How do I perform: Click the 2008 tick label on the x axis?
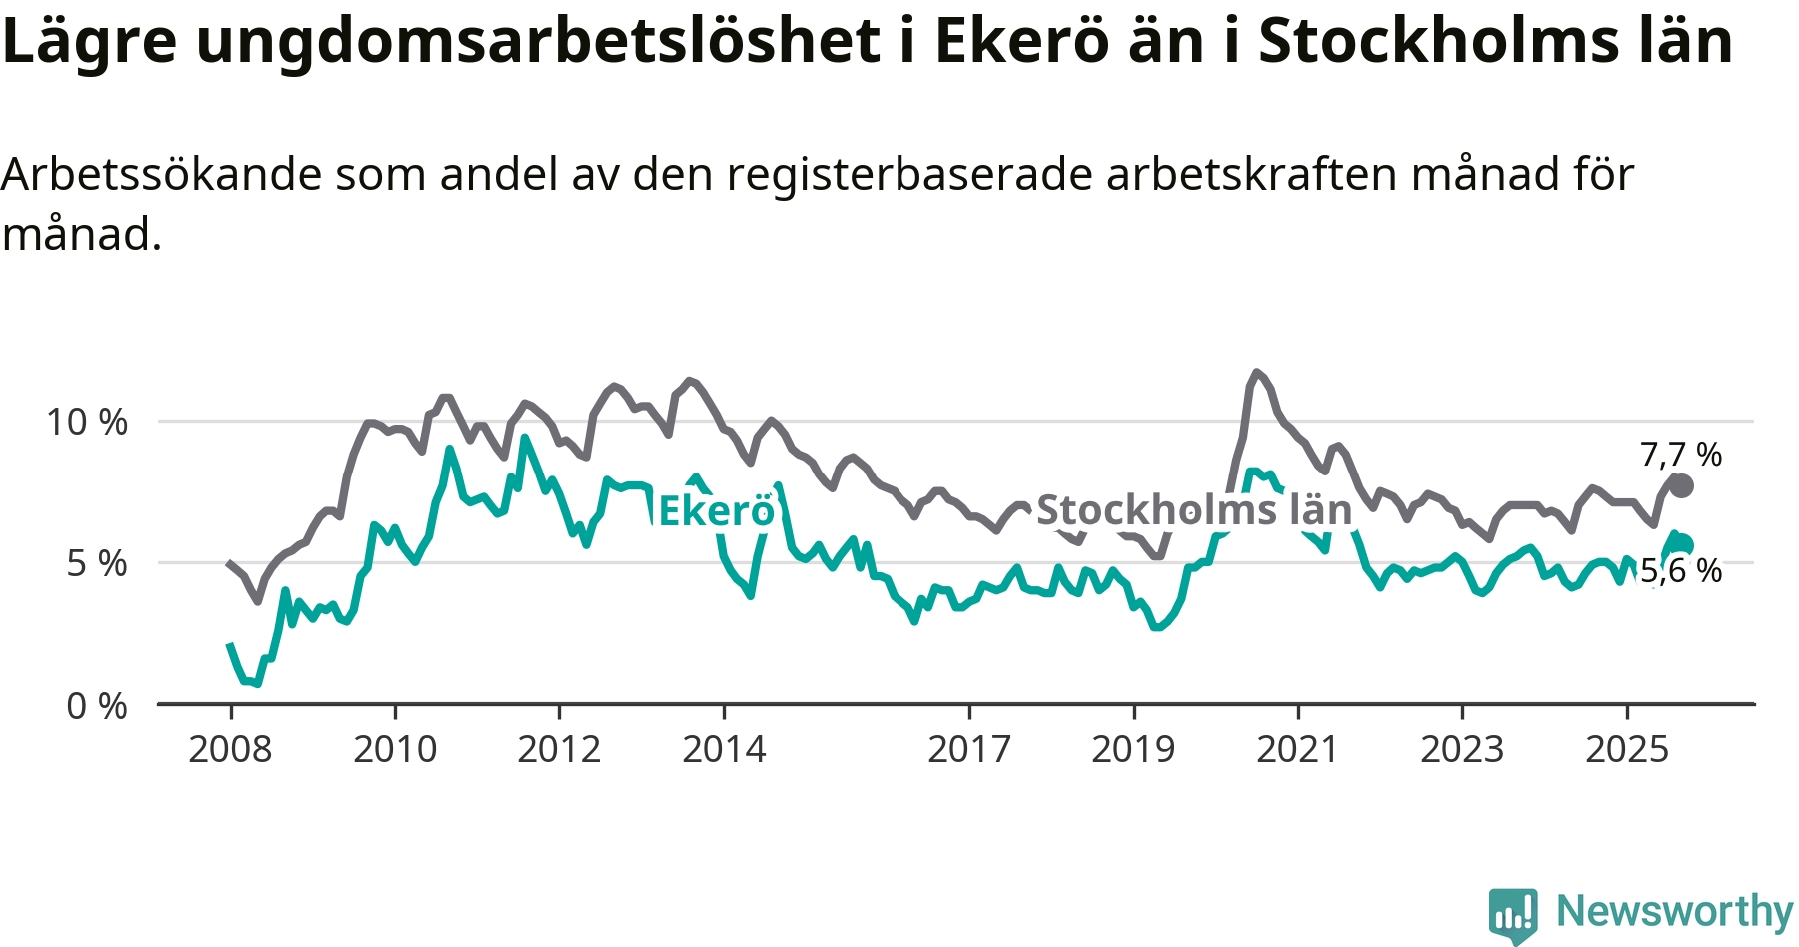point(230,749)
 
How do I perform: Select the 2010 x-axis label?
point(395,749)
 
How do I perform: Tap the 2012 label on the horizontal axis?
point(559,749)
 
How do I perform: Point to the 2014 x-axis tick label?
point(724,749)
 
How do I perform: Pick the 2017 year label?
point(969,749)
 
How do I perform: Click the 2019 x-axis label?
point(1133,749)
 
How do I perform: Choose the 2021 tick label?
point(1297,749)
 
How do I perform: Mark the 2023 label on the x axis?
point(1462,749)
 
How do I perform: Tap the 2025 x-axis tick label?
point(1627,749)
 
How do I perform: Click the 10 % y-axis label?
point(87,422)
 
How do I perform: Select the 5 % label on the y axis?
point(97,564)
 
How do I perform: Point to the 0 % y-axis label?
point(97,706)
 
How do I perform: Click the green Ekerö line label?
point(716,511)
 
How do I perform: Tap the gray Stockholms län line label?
point(1194,510)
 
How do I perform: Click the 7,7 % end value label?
point(1681,455)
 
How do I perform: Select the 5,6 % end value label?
point(1681,571)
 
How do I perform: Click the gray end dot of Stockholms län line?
point(1682,486)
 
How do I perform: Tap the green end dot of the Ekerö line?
point(1684,544)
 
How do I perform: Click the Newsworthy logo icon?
point(1512,913)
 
